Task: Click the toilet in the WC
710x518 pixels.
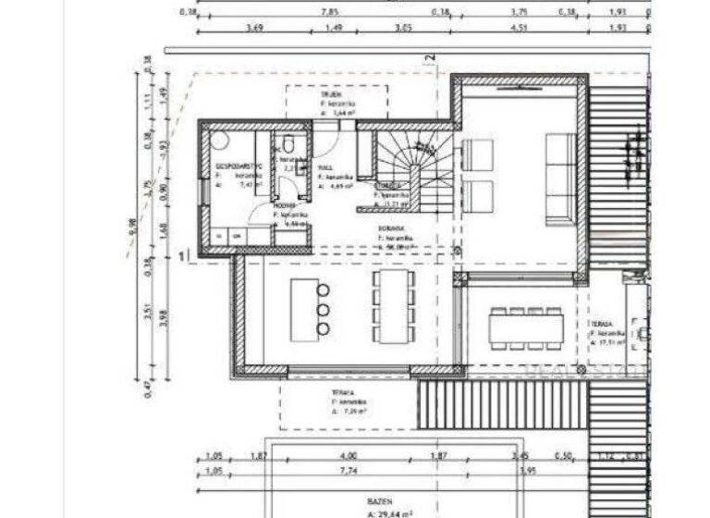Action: (288, 144)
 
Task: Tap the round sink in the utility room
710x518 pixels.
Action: (219, 142)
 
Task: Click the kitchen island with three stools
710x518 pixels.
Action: (304, 308)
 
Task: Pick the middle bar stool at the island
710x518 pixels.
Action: (324, 309)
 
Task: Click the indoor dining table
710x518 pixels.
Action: (393, 305)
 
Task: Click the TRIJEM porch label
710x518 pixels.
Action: (332, 94)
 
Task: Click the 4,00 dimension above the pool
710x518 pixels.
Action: (348, 456)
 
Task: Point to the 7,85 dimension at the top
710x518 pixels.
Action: (330, 13)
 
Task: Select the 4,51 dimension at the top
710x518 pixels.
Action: (519, 28)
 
